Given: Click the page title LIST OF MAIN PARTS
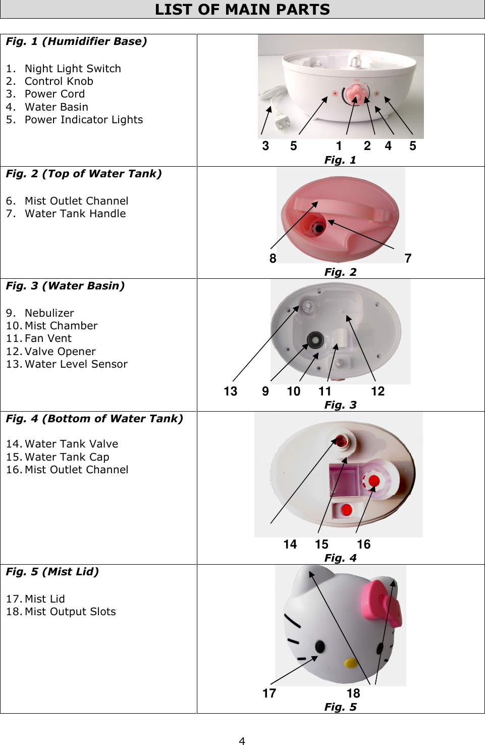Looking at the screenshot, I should [242, 10].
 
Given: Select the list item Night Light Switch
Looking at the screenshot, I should [73, 69].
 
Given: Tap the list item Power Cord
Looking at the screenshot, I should [55, 94].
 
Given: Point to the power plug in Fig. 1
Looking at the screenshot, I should [280, 122].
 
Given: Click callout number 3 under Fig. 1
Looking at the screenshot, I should [265, 146].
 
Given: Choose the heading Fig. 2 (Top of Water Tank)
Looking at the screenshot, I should [84, 174].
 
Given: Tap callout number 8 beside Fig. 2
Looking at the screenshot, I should [273, 259].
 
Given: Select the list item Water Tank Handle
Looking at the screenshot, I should [75, 214].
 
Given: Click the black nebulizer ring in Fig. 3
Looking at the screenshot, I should [315, 339].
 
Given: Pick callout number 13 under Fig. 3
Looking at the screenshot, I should [230, 391].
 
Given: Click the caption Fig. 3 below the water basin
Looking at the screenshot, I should [340, 405].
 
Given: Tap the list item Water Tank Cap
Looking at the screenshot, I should [67, 457].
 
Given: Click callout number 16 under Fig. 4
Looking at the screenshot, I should [363, 544].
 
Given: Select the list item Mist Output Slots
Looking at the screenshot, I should [70, 612].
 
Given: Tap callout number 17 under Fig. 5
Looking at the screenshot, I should [269, 693].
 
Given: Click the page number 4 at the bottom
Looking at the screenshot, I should [242, 740].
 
